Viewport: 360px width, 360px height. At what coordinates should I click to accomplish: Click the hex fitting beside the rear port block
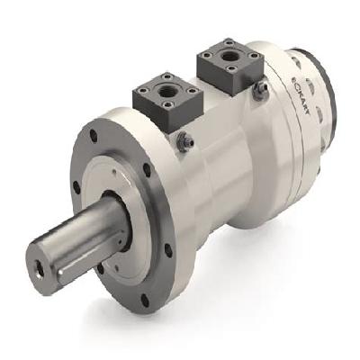(260, 90)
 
